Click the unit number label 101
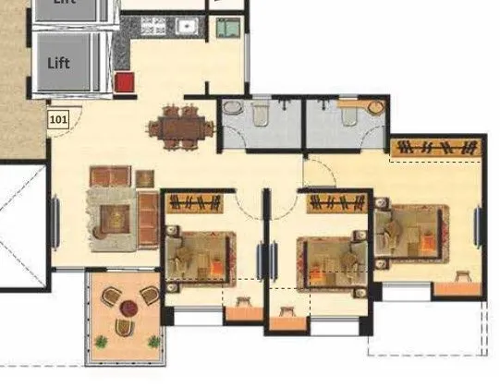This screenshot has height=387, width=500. click(x=58, y=119)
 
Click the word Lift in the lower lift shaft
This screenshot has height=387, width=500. click(x=59, y=64)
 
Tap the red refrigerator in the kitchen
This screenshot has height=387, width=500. click(x=124, y=82)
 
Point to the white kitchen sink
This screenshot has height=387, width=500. click(x=186, y=26)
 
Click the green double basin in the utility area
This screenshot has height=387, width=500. click(x=226, y=29)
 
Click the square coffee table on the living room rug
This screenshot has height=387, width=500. click(x=116, y=218)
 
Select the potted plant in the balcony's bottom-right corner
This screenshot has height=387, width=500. click(x=153, y=342)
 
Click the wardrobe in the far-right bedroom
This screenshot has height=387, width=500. click(x=435, y=148)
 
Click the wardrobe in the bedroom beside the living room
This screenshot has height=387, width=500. click(x=195, y=203)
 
